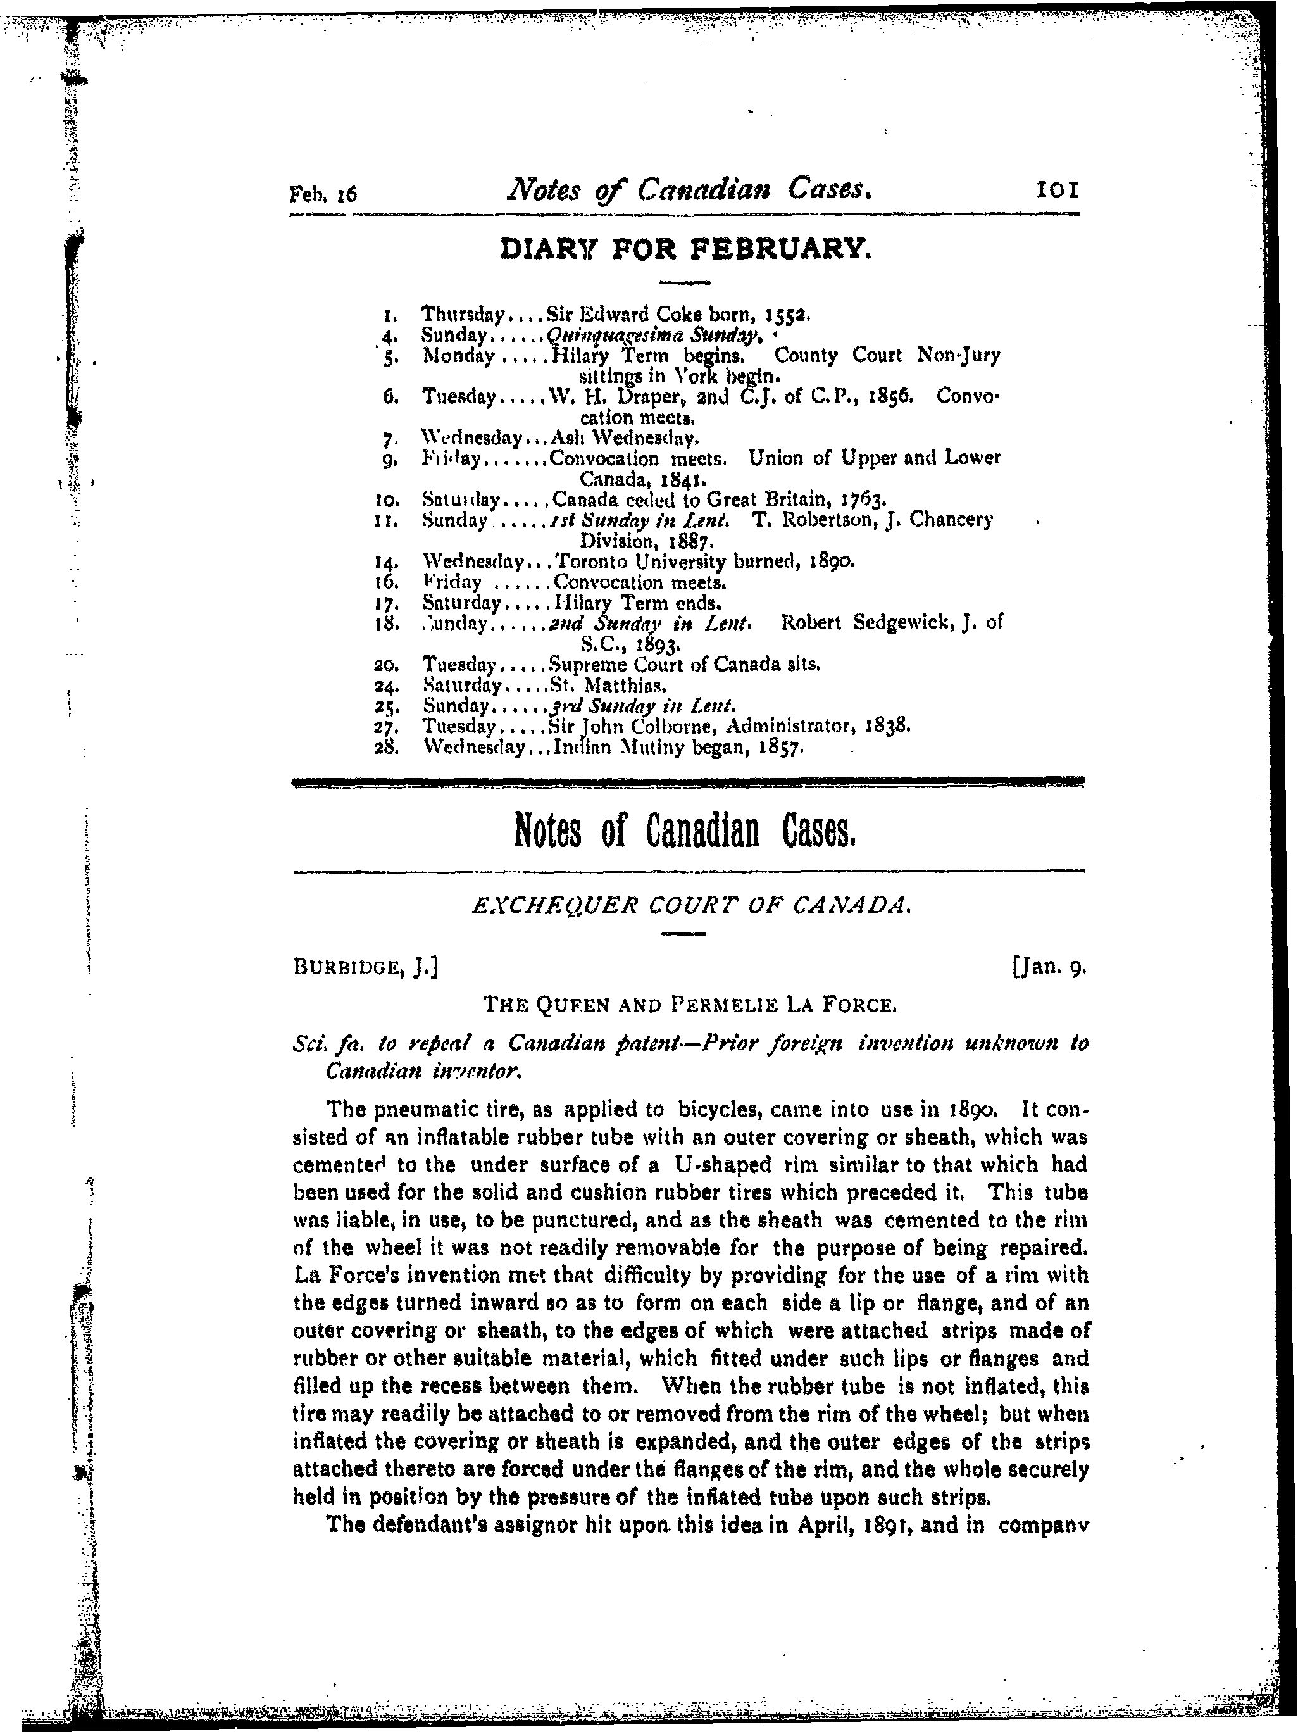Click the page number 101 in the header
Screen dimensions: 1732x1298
(1057, 189)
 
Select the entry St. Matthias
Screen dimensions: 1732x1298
(608, 686)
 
